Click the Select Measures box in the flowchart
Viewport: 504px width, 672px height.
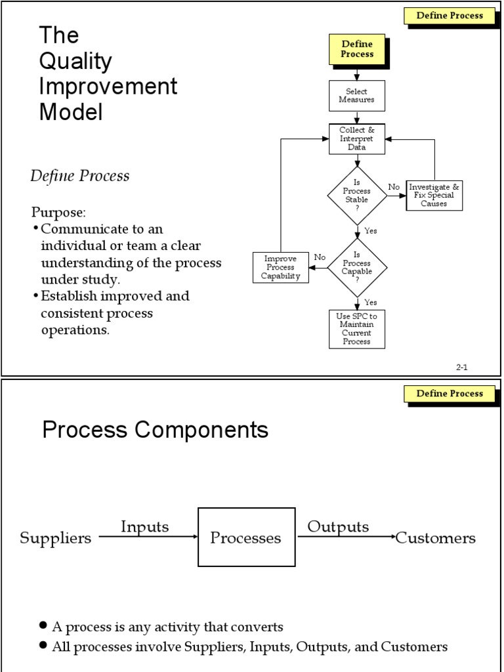pyautogui.click(x=356, y=96)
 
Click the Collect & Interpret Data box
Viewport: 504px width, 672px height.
pyautogui.click(x=356, y=139)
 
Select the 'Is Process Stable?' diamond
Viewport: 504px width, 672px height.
pyautogui.click(x=357, y=196)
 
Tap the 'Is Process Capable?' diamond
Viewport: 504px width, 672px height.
pyautogui.click(x=357, y=267)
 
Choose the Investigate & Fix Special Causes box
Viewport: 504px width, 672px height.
pyautogui.click(x=434, y=196)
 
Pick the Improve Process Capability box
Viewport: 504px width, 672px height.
pyautogui.click(x=281, y=267)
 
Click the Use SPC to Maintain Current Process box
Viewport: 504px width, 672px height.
pyautogui.click(x=356, y=329)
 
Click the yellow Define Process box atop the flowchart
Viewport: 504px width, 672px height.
pyautogui.click(x=356, y=50)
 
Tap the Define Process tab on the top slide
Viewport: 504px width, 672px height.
pyautogui.click(x=450, y=16)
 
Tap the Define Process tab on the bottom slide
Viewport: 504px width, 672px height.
pyautogui.click(x=450, y=394)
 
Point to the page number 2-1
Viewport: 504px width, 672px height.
pyautogui.click(x=461, y=367)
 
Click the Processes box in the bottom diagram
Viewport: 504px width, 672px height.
pyautogui.click(x=245, y=538)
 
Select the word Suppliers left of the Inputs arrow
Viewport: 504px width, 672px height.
pyautogui.click(x=56, y=539)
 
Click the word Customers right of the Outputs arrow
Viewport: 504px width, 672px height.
pyautogui.click(x=436, y=539)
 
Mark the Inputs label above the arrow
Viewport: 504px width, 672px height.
pyautogui.click(x=144, y=526)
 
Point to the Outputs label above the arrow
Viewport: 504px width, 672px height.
pyautogui.click(x=338, y=526)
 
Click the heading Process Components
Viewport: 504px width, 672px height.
pyautogui.click(x=156, y=430)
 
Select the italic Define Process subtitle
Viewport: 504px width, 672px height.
pyautogui.click(x=80, y=176)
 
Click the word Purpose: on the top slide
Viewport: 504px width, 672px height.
pyautogui.click(x=58, y=213)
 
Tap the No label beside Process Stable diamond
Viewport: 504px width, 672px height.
pyautogui.click(x=394, y=187)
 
